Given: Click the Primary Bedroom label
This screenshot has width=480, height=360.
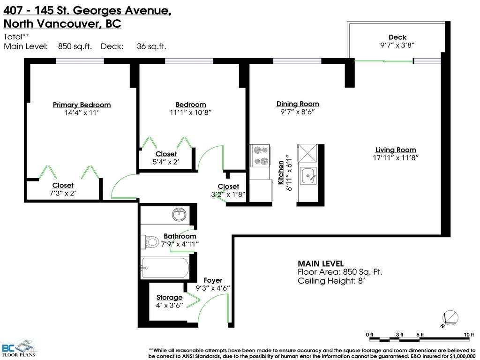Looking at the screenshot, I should (x=82, y=105).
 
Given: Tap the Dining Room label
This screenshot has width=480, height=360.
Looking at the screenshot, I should (x=298, y=104).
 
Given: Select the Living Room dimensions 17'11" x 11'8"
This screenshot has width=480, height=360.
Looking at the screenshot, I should (x=396, y=158).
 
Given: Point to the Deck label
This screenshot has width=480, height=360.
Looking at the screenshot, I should (x=397, y=37).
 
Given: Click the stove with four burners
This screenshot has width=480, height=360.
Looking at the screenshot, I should (x=261, y=156).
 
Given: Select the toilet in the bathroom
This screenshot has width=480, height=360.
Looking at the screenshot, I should (x=151, y=242).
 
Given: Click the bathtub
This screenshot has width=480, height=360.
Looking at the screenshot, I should (x=165, y=268).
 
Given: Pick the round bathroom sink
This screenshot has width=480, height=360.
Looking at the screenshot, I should (x=179, y=215).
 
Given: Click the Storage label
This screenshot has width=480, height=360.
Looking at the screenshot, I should (x=169, y=297).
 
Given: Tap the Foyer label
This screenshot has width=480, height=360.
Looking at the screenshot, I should (x=213, y=280).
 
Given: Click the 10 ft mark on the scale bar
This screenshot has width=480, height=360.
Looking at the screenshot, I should (x=466, y=334).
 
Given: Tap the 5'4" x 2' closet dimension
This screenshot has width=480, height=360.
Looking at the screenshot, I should (x=166, y=162).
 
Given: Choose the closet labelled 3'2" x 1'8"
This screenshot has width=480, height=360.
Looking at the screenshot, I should (x=228, y=187).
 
